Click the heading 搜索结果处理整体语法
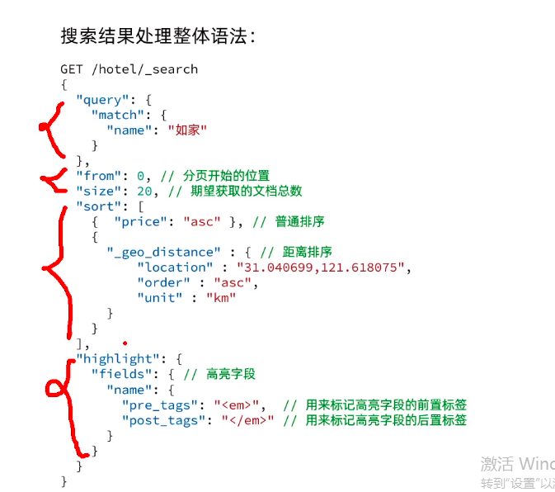coord(158,36)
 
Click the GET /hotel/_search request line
coord(129,69)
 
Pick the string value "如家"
coord(187,130)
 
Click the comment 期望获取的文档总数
coord(247,191)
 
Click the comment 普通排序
coord(300,221)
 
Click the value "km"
coord(221,297)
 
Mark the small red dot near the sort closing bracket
coord(124,342)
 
